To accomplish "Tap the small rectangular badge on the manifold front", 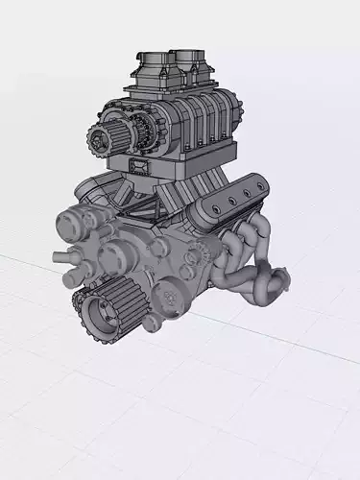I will pyautogui.click(x=140, y=170).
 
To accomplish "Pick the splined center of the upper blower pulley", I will pyautogui.click(x=102, y=140).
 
